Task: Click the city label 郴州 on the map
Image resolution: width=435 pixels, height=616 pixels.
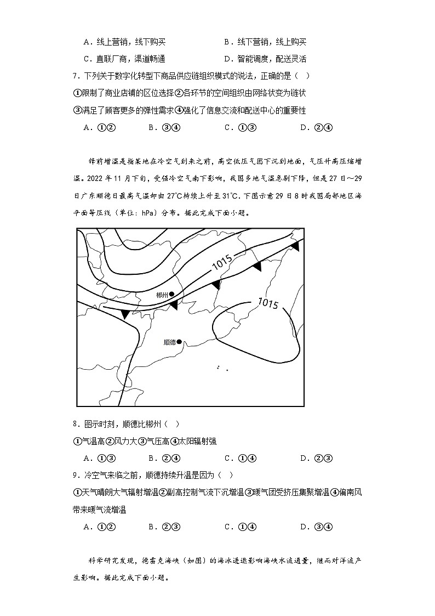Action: coord(162,295)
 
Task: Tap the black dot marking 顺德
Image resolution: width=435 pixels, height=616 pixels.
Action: coord(179,341)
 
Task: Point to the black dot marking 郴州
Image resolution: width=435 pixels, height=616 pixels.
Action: coord(171,295)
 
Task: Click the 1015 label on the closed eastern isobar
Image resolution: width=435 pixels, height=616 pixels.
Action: coord(268,303)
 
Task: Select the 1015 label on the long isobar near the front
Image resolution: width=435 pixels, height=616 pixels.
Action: coord(222,263)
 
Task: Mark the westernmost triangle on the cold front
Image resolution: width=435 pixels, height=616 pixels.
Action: coord(125,314)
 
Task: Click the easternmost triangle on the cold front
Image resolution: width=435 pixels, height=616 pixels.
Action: coord(295,247)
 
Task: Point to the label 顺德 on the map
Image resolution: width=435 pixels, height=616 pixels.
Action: coord(169,342)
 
